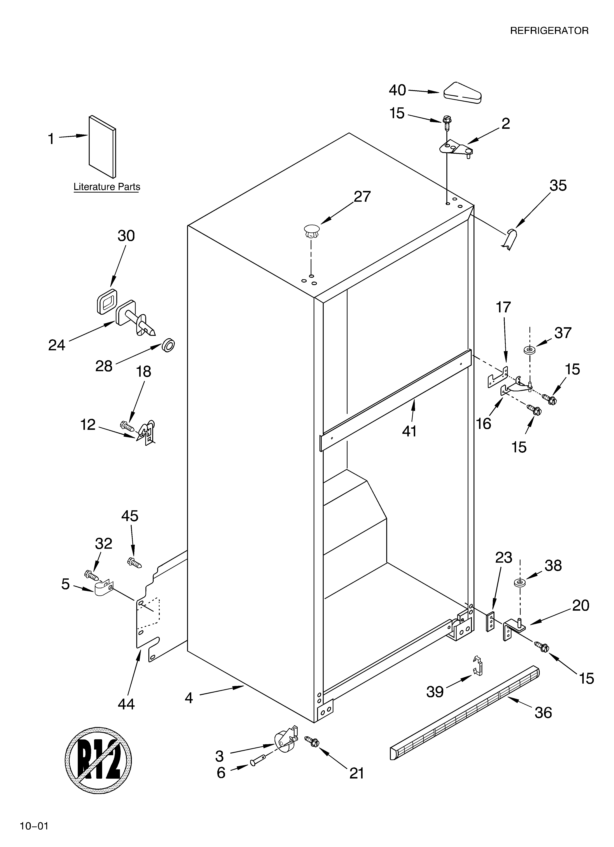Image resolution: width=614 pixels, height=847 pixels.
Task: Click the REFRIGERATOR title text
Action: point(549,31)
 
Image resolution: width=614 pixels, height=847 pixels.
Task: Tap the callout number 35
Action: point(558,186)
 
